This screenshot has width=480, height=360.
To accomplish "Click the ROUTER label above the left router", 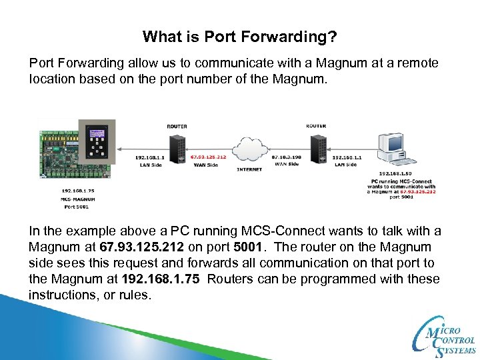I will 177,125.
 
